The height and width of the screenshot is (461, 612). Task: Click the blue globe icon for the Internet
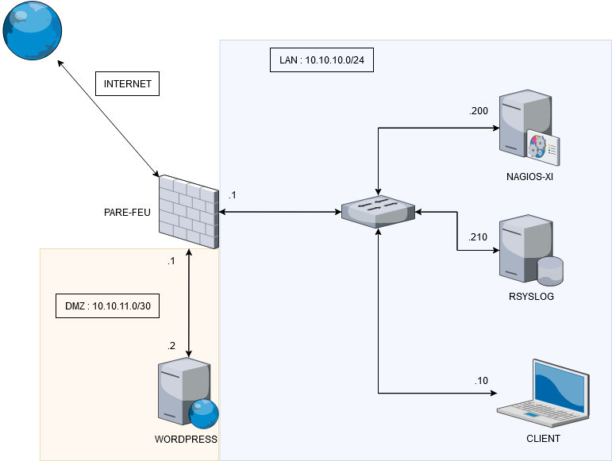tap(32, 31)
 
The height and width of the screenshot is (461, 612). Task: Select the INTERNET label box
tap(127, 84)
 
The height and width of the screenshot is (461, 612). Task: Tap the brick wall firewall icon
tap(188, 212)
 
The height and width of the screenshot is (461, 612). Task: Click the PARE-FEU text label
tap(127, 212)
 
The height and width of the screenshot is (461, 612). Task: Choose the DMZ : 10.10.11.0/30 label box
tap(102, 305)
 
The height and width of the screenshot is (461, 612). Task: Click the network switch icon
tap(378, 212)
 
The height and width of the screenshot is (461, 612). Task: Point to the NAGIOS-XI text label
tap(529, 177)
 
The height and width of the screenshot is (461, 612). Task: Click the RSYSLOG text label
tap(529, 297)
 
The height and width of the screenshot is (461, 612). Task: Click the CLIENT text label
tap(543, 438)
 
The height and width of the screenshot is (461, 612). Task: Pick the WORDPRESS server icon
tap(186, 394)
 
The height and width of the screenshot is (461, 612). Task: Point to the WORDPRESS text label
tap(186, 439)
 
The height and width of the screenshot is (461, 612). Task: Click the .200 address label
tap(479, 111)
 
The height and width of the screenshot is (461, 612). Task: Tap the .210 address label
tap(479, 236)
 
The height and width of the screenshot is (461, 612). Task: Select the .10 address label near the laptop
tap(482, 381)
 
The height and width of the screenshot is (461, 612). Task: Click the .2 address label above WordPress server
tap(171, 345)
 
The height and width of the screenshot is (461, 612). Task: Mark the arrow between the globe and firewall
tap(108, 119)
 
